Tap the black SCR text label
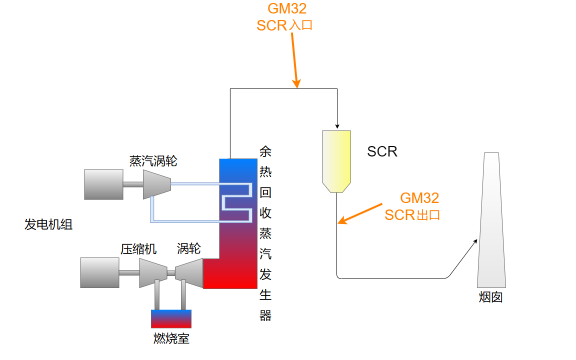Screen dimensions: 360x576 pos(382,151)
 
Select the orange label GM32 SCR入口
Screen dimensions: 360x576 pos(285,17)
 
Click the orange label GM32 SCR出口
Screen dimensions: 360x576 pos(412,206)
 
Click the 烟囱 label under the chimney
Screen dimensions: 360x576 pos(490,297)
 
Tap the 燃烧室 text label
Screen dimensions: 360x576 pos(171,338)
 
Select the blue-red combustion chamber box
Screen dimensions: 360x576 pos(171,318)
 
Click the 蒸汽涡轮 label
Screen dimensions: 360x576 pos(153,161)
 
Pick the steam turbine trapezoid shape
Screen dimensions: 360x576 pos(157,184)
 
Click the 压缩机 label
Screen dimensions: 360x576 pos(138,248)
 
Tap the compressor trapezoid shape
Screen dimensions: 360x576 pos(152,272)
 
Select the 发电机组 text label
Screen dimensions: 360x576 pos(48,224)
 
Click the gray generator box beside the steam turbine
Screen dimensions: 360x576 pos(103,184)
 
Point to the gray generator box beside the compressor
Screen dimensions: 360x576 pos(100,272)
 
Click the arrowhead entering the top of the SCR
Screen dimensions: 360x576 pos(338,125)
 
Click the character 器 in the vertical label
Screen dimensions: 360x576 pos(265,315)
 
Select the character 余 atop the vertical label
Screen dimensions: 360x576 pos(265,151)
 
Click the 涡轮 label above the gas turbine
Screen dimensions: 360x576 pos(188,248)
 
